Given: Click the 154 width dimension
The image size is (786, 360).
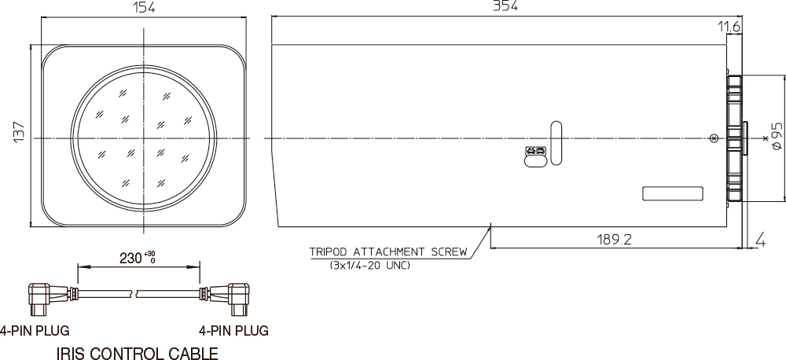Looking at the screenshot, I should [x=144, y=8].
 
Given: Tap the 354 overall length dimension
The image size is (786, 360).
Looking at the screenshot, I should [x=505, y=6].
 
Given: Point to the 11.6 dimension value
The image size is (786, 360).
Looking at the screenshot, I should [x=729, y=28].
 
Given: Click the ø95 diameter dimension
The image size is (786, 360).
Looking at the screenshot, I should [x=777, y=136].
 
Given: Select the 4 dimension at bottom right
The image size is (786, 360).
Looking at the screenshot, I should [x=761, y=239].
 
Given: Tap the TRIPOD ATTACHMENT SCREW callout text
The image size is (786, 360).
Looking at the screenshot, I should [x=388, y=252].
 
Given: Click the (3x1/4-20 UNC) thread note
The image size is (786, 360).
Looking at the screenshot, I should [x=369, y=265].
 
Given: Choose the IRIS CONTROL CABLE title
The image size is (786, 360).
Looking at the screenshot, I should [x=138, y=354].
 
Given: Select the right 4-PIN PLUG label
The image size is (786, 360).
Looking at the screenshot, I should [x=233, y=330].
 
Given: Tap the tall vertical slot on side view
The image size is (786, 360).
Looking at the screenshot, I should [x=556, y=143].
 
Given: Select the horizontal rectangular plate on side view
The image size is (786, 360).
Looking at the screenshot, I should [x=672, y=193].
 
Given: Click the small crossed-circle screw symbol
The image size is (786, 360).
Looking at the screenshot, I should [x=713, y=139].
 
